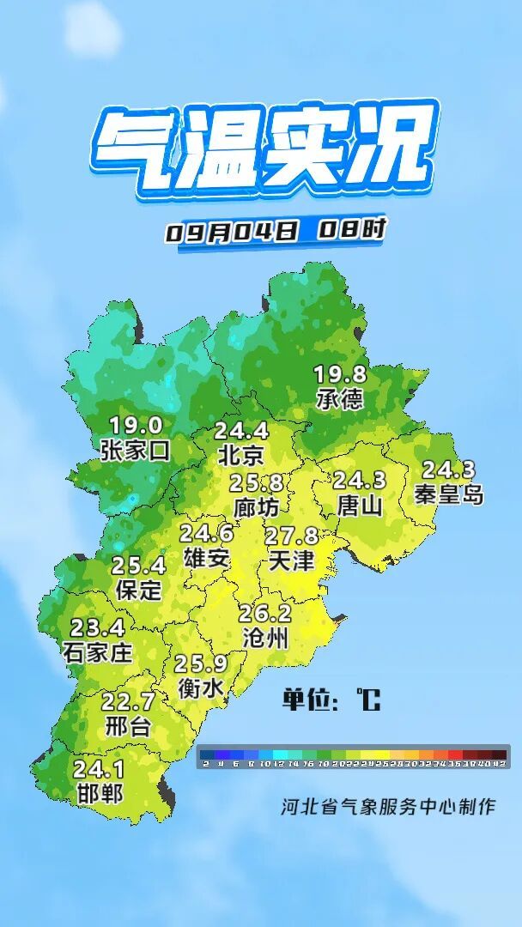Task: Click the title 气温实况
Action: pos(262,150)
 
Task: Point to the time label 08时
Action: pos(352,230)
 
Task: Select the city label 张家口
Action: pos(136,450)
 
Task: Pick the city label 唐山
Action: pos(360,506)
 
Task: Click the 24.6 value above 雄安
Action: pos(206,534)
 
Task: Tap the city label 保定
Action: pos(138,590)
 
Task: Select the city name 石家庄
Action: pos(98,652)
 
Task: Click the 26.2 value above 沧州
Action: pos(265,615)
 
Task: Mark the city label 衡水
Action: pos(201,688)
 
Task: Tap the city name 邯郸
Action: pos(99,792)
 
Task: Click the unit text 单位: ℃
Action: pos(331,700)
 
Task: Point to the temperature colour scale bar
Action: pos(353,757)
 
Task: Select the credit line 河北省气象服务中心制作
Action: pos(388,807)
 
